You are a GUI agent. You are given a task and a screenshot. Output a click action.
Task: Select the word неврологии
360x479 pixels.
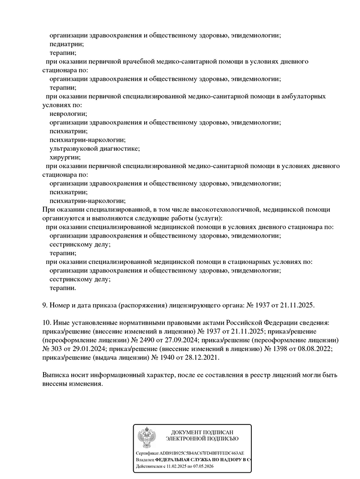[68, 114]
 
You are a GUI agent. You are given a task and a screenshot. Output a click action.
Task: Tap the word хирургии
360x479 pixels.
[65, 157]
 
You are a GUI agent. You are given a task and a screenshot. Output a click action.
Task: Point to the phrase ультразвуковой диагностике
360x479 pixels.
[95, 148]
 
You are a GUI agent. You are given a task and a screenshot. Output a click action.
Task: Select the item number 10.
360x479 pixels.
[47, 323]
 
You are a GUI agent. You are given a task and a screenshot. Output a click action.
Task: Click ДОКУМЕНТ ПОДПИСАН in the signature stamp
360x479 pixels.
[202, 433]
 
